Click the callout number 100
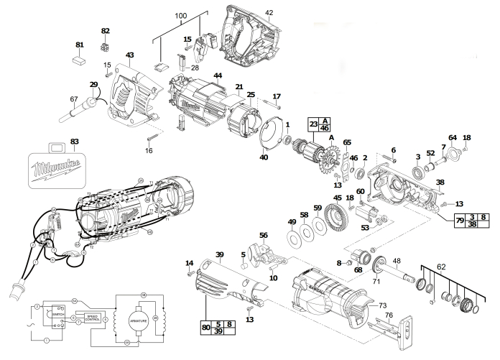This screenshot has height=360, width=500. pos(180,16)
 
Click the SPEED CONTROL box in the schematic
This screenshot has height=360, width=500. pos(93,318)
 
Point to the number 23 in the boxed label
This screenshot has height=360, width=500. pos(314,123)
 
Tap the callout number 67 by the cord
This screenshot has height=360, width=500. pos(73,99)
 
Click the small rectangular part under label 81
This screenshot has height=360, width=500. pos(80,62)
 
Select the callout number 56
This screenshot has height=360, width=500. pos(263,235)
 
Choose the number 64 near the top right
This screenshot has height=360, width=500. pos(453,137)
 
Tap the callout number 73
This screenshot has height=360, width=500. pos(383,305)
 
